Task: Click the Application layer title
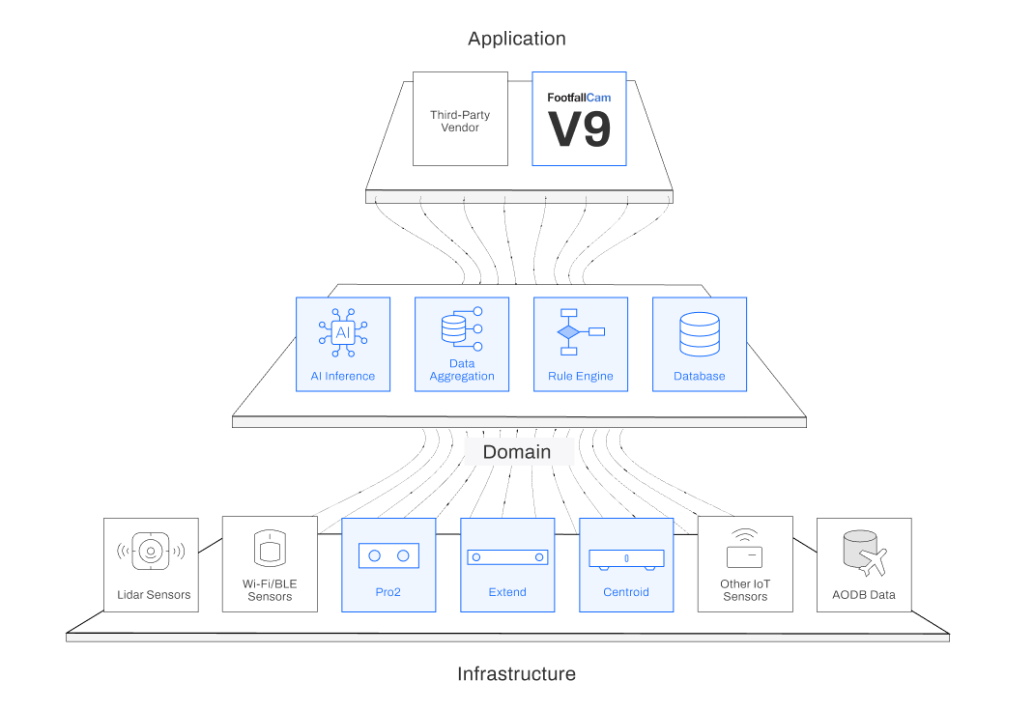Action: pyautogui.click(x=517, y=40)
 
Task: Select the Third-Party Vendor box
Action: pyautogui.click(x=460, y=119)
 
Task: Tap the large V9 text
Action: pyautogui.click(x=580, y=129)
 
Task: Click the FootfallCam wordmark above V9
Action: pyautogui.click(x=579, y=98)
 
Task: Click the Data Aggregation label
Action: pyautogui.click(x=462, y=370)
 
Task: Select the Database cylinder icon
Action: pyautogui.click(x=699, y=333)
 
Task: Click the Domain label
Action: pyautogui.click(x=517, y=452)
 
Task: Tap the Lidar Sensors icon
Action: pyautogui.click(x=151, y=552)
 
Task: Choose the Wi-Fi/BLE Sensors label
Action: pyautogui.click(x=270, y=590)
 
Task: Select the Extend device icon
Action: pyautogui.click(x=507, y=557)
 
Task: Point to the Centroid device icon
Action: pyautogui.click(x=626, y=558)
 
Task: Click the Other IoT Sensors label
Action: pyautogui.click(x=745, y=590)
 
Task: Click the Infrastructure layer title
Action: pyautogui.click(x=516, y=674)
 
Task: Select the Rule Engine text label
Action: pyautogui.click(x=581, y=377)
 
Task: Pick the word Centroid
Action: pyautogui.click(x=626, y=592)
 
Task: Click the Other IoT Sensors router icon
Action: pyautogui.click(x=744, y=550)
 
